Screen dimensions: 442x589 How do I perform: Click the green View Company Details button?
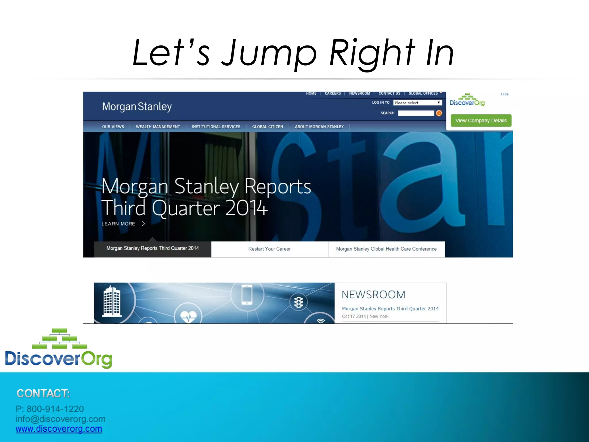[481, 121]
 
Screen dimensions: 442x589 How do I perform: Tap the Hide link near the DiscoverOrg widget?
[504, 94]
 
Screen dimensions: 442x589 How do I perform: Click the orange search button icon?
[439, 113]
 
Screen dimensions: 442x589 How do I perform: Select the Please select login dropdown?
[417, 103]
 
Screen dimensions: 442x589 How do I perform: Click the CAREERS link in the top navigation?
[333, 94]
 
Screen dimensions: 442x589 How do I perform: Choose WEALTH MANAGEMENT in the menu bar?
[158, 127]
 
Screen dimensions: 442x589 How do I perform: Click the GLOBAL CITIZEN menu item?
[267, 127]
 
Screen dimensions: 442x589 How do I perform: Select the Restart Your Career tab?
[269, 249]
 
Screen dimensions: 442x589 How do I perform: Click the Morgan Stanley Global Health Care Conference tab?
[386, 249]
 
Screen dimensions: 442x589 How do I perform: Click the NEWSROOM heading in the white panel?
[373, 295]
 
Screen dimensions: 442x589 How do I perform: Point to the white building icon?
[112, 302]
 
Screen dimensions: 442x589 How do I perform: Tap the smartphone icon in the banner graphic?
[247, 295]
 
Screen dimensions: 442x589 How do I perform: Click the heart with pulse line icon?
[188, 317]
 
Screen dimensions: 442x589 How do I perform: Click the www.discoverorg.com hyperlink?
[59, 429]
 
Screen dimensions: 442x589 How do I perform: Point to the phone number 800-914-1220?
[55, 409]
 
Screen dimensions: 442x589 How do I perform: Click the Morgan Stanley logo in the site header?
[137, 106]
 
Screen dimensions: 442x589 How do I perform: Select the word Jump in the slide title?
[269, 53]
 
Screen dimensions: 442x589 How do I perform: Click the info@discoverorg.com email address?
[61, 419]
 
